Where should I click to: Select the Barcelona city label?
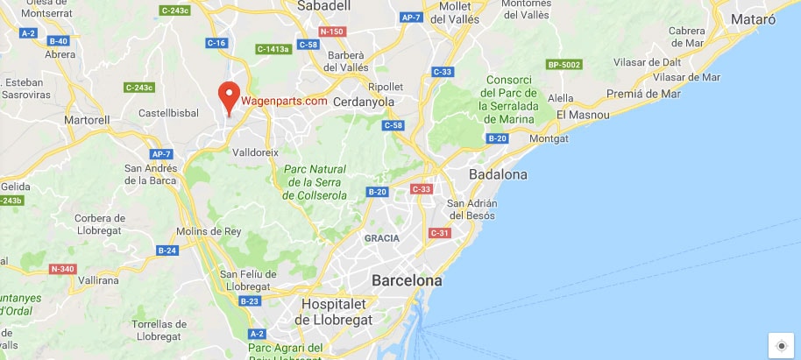(407, 281)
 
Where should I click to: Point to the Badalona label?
(499, 175)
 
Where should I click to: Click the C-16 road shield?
(217, 43)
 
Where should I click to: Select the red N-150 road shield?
(331, 32)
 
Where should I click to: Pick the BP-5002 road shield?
(564, 65)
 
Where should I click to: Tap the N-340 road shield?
(62, 269)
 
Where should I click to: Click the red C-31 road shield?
(439, 232)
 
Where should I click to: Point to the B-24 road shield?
(167, 251)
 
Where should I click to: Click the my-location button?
(782, 345)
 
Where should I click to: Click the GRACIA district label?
(382, 238)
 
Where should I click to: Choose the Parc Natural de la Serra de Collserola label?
(315, 182)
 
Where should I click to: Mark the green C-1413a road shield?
(273, 49)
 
